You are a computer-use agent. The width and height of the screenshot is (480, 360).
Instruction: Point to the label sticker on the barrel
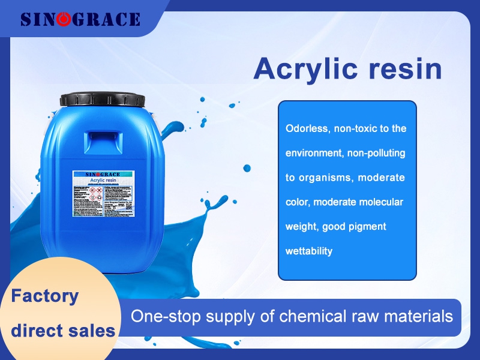click(x=104, y=193)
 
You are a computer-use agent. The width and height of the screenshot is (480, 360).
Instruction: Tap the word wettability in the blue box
click(x=308, y=251)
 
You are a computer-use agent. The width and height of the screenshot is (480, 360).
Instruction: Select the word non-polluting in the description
click(x=377, y=153)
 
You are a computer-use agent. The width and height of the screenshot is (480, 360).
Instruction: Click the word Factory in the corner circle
click(x=46, y=296)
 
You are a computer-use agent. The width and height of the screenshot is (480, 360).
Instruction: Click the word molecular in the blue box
click(x=381, y=202)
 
